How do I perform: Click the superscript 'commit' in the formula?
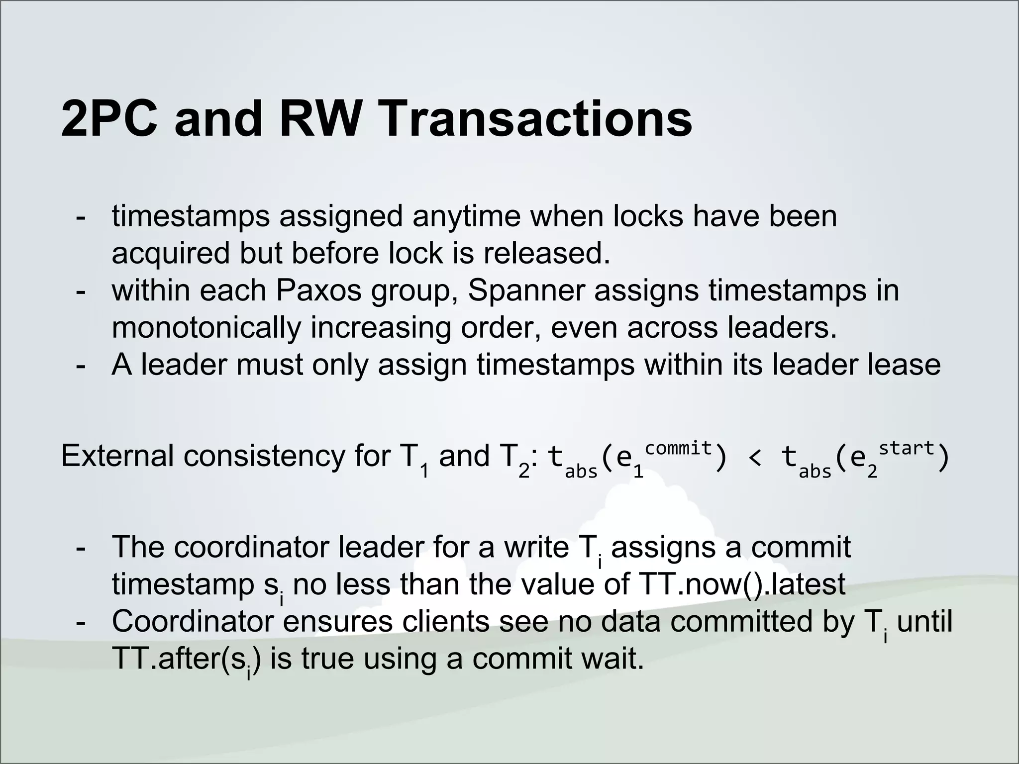tap(678, 448)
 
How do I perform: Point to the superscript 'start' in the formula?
tap(907, 448)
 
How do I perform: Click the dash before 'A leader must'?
tap(80, 366)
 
